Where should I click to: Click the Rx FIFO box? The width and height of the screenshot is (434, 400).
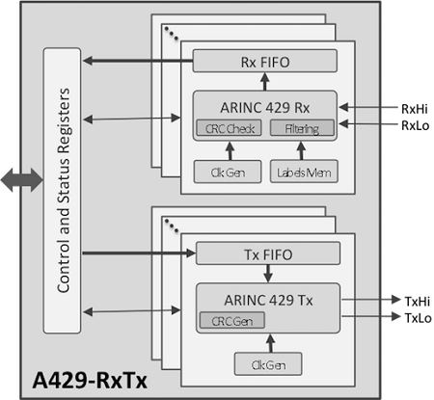pos(264,62)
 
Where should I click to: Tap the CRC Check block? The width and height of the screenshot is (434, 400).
pos(228,128)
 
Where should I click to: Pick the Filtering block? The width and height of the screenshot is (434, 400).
pos(302,128)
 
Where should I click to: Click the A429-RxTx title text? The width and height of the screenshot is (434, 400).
pos(87,380)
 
